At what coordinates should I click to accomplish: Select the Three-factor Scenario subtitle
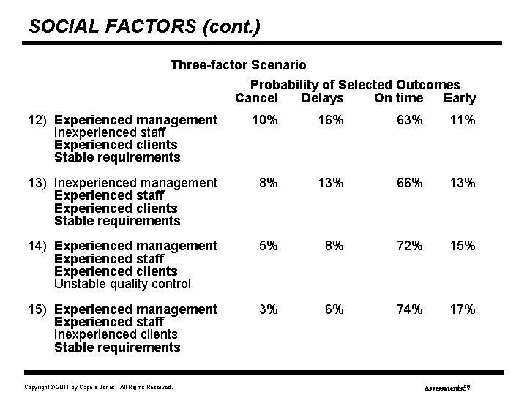(x=238, y=65)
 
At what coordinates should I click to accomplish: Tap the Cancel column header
(x=256, y=98)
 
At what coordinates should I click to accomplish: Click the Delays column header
(x=322, y=98)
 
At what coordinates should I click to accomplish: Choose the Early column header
(x=460, y=98)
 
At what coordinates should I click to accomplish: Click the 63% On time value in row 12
(x=407, y=120)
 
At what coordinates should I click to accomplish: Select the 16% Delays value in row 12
(x=329, y=120)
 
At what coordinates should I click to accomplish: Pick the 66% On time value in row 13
(x=407, y=183)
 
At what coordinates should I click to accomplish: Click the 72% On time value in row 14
(x=407, y=246)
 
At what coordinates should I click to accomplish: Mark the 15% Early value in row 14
(x=461, y=246)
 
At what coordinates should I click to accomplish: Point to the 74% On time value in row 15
(x=407, y=309)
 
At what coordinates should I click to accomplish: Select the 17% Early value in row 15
(x=461, y=309)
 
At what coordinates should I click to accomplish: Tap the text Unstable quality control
(x=122, y=284)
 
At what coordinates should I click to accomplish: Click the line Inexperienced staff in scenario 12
(x=110, y=132)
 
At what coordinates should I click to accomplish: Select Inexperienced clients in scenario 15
(x=116, y=334)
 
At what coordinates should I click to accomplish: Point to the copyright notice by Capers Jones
(x=99, y=386)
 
